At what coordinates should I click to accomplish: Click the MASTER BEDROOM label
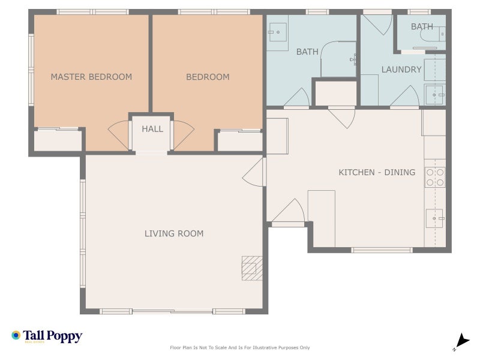click(x=91, y=77)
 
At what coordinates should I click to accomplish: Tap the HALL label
click(x=152, y=129)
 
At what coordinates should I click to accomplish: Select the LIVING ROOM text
click(x=174, y=233)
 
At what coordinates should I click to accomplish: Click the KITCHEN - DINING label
click(x=377, y=172)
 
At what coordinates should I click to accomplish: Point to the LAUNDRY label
click(x=401, y=70)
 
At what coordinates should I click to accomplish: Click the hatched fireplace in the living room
click(x=252, y=268)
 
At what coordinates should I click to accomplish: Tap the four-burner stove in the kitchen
click(x=435, y=176)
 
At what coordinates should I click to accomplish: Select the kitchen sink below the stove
click(x=434, y=218)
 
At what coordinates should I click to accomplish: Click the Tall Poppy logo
click(x=47, y=336)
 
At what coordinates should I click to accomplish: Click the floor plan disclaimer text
click(x=240, y=347)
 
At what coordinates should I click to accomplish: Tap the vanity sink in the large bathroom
click(x=277, y=32)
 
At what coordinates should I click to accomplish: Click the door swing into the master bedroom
click(x=119, y=136)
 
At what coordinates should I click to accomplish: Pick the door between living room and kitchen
click(x=254, y=172)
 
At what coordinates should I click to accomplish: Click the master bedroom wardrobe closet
click(x=58, y=140)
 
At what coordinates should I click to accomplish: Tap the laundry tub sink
click(x=435, y=95)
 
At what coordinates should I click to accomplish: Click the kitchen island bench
click(x=322, y=218)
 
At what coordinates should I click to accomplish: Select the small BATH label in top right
click(x=422, y=26)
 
